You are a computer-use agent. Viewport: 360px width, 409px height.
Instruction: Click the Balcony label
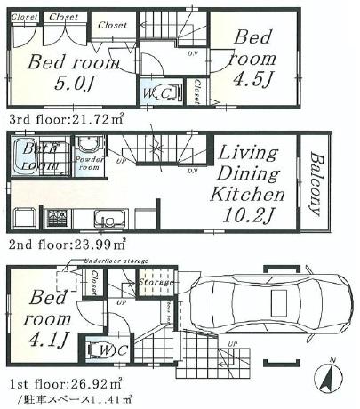tap(316, 184)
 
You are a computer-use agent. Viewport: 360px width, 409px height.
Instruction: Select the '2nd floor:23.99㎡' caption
tap(67, 241)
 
